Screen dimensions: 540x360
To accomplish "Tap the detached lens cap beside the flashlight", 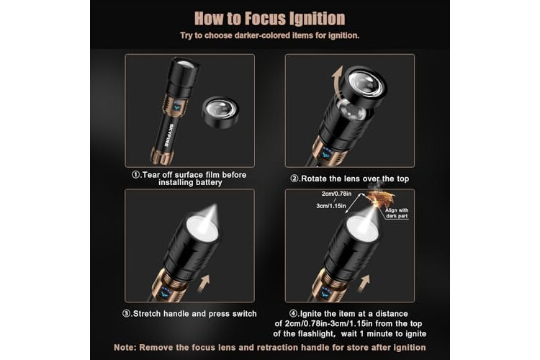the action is pos(220,112).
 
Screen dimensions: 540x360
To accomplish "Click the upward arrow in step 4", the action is pos(364,283).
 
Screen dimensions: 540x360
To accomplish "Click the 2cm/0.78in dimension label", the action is pos(336,194).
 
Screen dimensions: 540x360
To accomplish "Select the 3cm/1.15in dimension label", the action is pos(331,206).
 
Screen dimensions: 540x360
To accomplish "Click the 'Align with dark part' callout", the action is pos(397,213).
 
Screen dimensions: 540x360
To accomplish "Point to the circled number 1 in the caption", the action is pos(135,175).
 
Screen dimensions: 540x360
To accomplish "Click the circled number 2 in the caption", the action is pos(294,179).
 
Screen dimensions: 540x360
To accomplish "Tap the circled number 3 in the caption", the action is pos(127,314).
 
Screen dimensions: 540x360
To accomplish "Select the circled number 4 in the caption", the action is pos(294,314).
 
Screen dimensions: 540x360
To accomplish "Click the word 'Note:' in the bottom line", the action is pos(125,347).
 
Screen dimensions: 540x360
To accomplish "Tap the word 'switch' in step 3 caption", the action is pos(245,314).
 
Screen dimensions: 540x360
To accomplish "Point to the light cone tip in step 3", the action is pos(216,205).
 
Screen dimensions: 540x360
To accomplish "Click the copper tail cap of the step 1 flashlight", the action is pos(161,156).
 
